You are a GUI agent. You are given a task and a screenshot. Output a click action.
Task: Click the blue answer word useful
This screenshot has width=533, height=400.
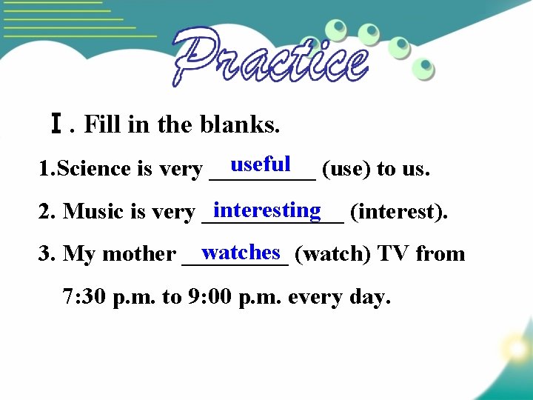click(x=260, y=164)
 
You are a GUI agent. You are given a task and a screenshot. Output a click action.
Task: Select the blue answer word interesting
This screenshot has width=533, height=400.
click(x=267, y=210)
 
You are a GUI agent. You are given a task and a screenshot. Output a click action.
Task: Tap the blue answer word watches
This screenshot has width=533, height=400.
click(x=241, y=252)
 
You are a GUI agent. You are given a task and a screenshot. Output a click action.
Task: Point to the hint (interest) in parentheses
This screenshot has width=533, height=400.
click(x=398, y=212)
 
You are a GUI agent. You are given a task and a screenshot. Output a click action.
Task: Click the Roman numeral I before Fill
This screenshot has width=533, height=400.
click(x=56, y=124)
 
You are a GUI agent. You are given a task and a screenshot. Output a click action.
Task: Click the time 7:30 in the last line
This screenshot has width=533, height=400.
click(x=85, y=297)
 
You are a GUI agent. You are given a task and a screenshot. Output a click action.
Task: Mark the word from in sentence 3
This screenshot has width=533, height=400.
click(x=440, y=254)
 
